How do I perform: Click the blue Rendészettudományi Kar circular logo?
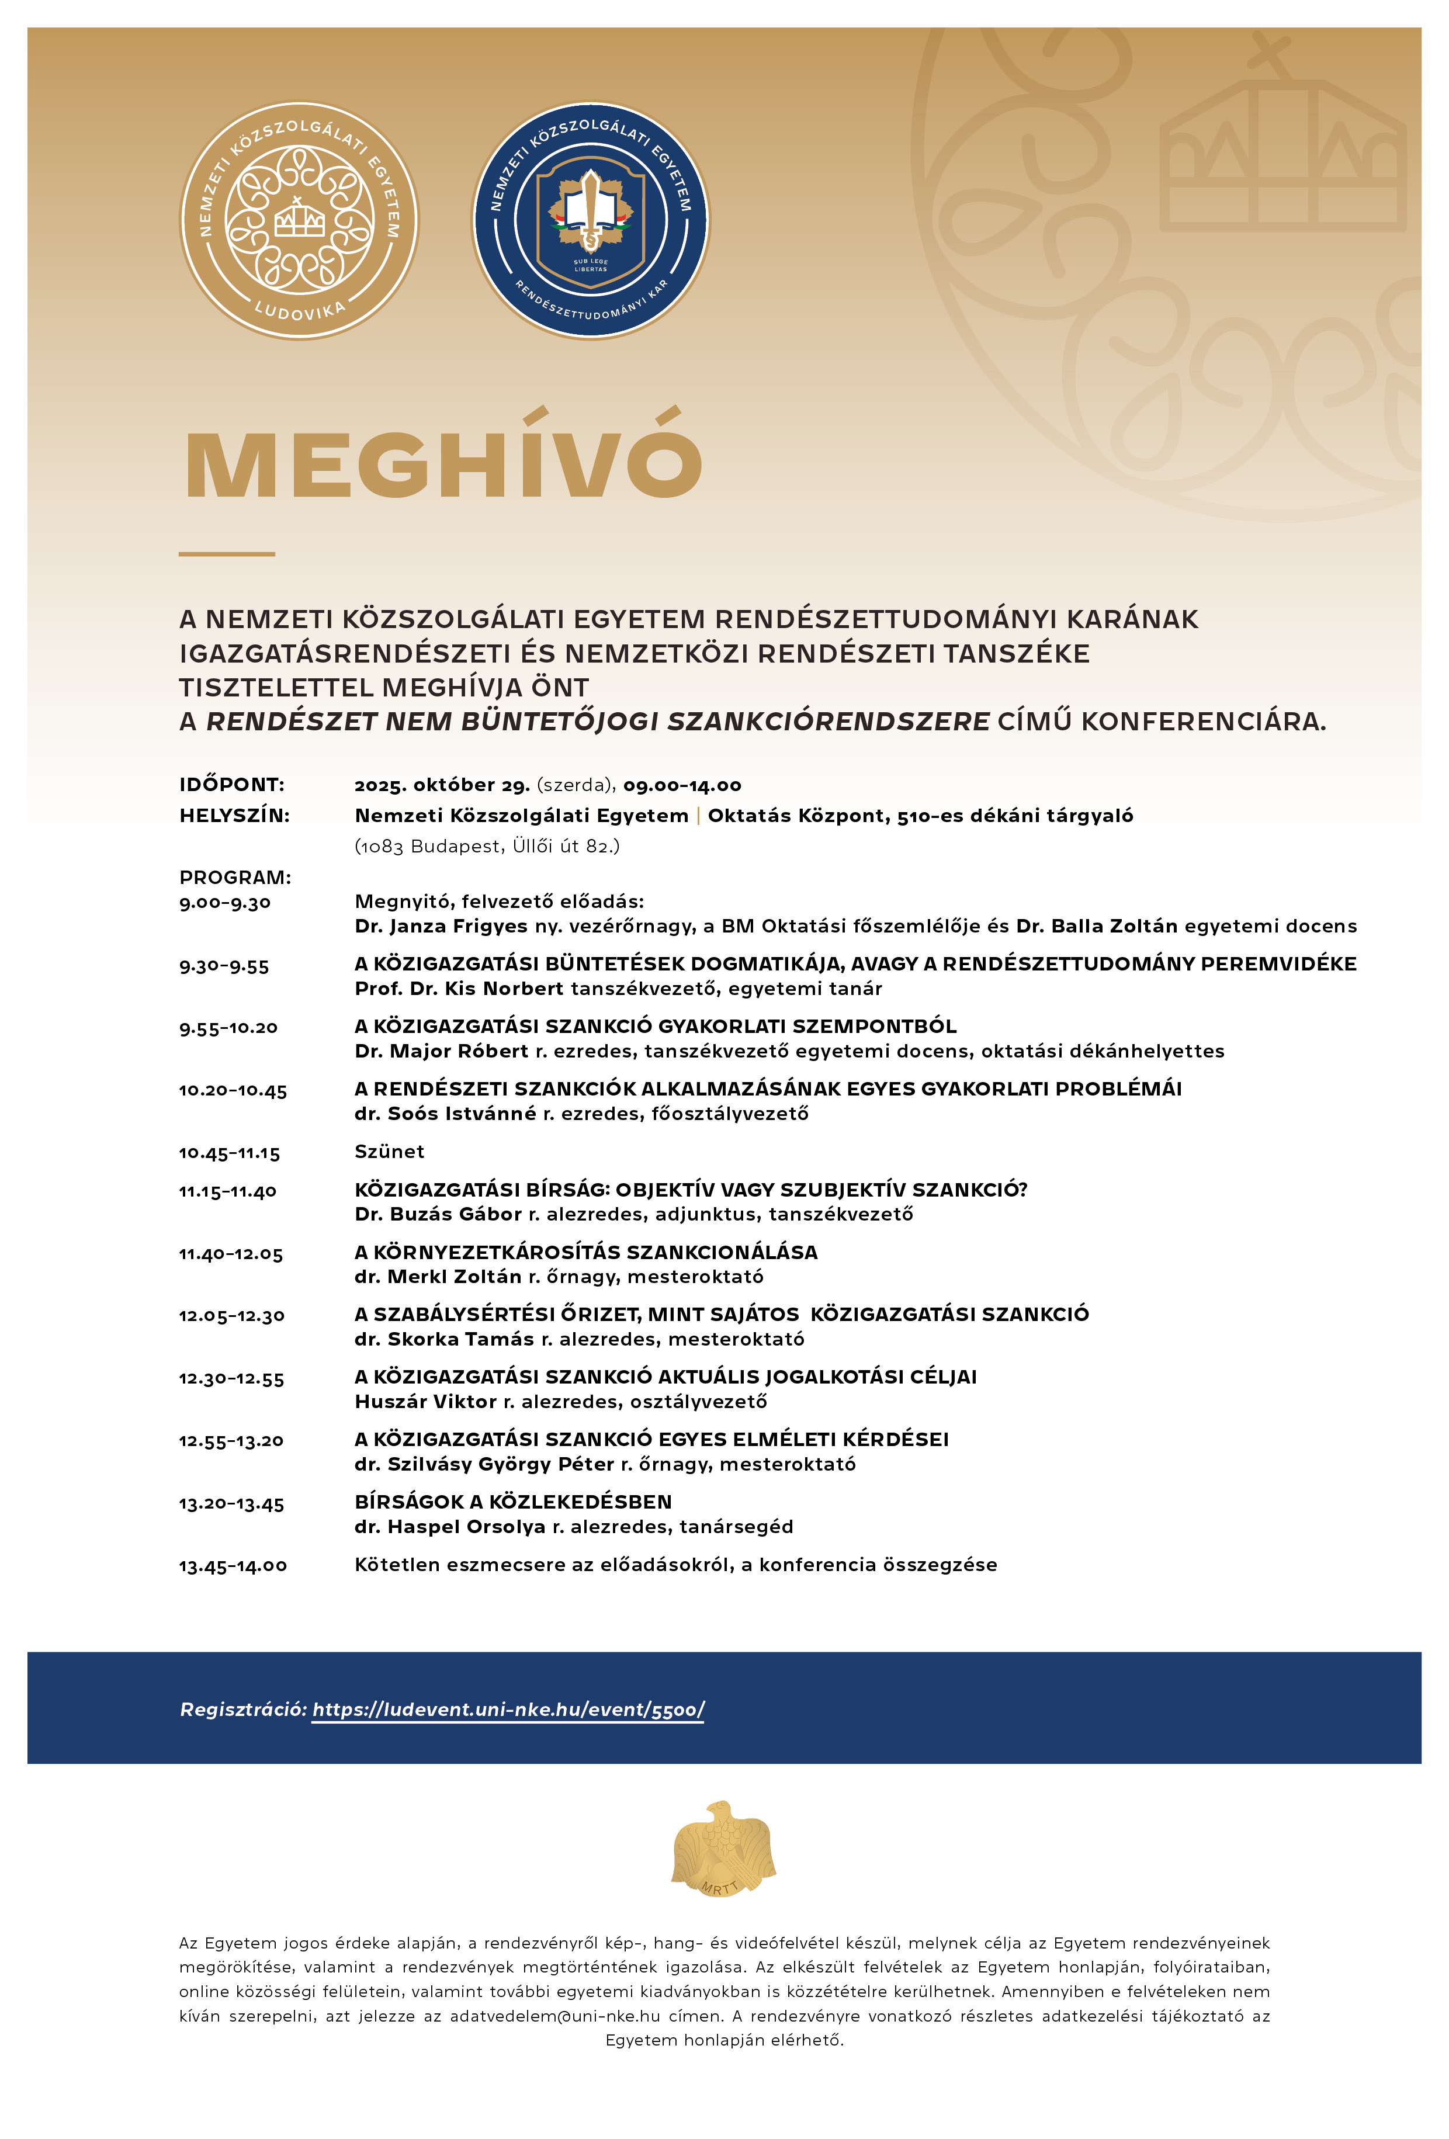(591, 221)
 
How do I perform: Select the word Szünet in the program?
(389, 1152)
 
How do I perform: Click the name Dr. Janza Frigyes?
(441, 926)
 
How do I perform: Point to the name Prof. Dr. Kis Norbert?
(459, 989)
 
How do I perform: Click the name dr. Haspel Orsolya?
(450, 1527)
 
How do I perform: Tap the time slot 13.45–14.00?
(233, 1566)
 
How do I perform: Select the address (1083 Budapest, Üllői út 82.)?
(487, 846)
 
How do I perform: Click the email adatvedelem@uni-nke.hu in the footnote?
(554, 2016)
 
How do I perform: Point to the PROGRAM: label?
(235, 877)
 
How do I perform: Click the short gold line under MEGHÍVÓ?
(227, 554)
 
